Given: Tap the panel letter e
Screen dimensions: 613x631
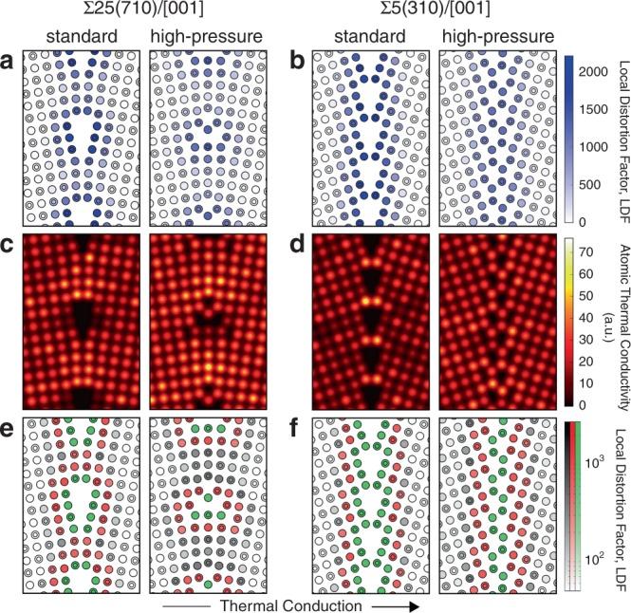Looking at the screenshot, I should [x=9, y=438].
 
